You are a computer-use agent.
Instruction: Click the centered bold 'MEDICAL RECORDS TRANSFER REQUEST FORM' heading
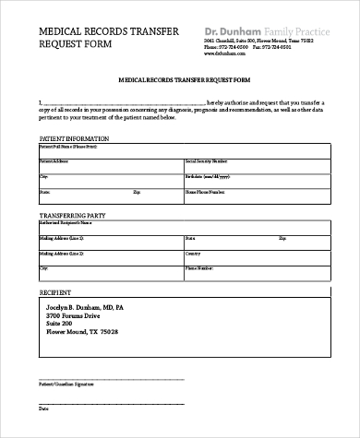[x=178, y=81]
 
